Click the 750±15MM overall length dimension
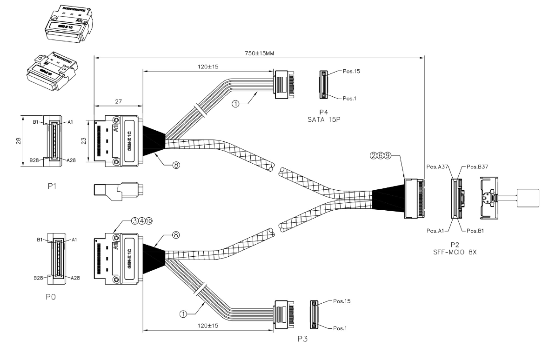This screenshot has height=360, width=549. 259,53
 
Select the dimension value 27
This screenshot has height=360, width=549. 118,101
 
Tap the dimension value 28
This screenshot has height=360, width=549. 19,140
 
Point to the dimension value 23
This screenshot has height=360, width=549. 84,141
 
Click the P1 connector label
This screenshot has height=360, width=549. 52,186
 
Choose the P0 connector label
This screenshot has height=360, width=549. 51,297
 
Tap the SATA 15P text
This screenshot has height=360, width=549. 324,119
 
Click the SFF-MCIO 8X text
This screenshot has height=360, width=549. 455,252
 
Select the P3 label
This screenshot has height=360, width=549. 302,339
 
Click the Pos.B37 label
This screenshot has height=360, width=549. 477,167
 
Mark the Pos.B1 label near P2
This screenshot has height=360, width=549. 475,231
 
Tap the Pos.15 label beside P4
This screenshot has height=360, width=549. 351,71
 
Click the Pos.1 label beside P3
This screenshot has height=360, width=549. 340,328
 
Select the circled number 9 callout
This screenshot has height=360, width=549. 387,156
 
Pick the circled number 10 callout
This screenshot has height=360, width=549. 149,221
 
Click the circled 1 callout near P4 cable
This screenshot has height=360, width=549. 236,104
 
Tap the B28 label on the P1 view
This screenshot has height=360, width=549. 34,160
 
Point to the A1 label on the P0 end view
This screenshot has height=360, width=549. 74,240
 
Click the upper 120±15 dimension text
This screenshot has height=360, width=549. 208,67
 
